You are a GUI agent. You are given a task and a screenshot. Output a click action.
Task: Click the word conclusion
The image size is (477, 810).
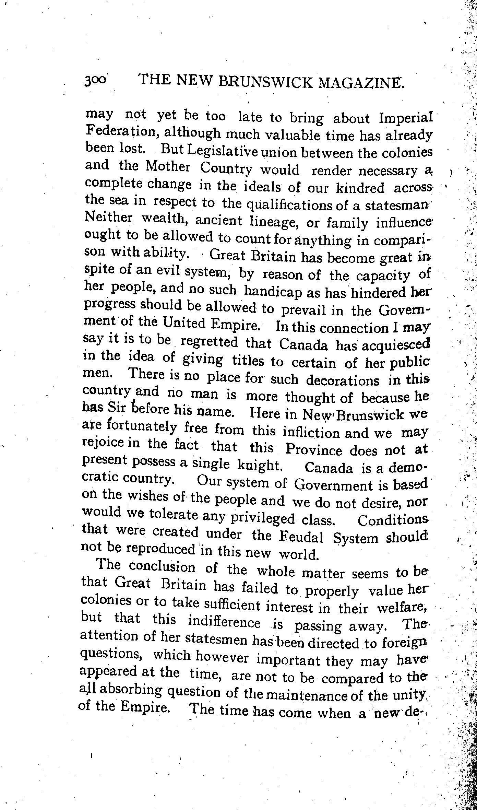162,566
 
